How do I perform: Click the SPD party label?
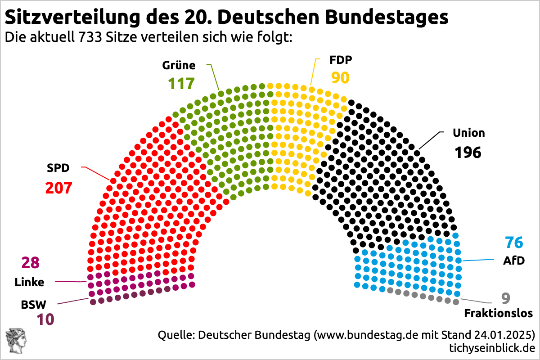[x=58, y=169]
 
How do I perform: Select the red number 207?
[x=58, y=188]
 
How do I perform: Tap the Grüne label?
[x=179, y=66]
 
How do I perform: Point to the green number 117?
[x=181, y=84]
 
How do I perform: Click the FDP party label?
[x=341, y=60]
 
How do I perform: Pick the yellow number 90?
[x=340, y=78]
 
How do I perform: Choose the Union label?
[x=469, y=133]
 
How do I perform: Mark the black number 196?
[x=468, y=153]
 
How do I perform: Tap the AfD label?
[x=514, y=261]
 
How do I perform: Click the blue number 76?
[x=514, y=243]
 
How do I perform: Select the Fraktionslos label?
[x=498, y=314]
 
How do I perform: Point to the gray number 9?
[x=506, y=298]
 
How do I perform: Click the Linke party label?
[x=30, y=283]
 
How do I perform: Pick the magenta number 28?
[x=31, y=263]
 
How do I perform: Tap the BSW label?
[x=33, y=305]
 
